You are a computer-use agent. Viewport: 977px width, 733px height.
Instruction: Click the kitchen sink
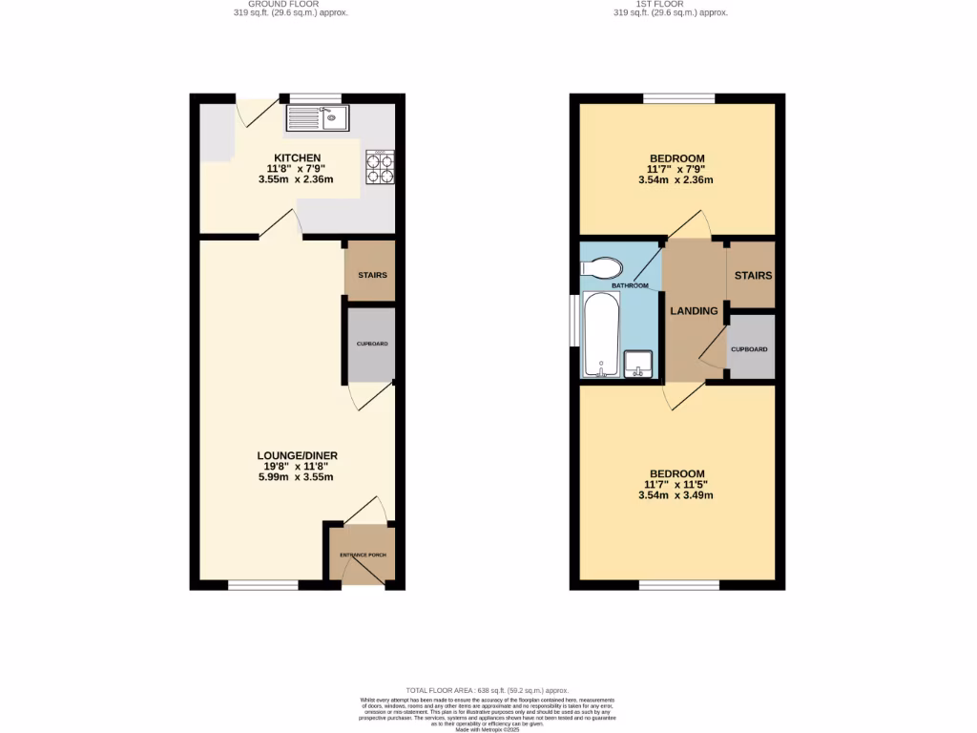click(x=317, y=118)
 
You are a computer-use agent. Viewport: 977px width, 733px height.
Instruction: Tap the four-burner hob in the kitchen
click(x=379, y=168)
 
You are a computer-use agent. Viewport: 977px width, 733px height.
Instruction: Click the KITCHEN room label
click(x=298, y=158)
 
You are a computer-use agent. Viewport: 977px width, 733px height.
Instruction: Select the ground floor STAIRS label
click(x=372, y=276)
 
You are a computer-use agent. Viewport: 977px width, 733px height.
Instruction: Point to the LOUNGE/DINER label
click(x=297, y=455)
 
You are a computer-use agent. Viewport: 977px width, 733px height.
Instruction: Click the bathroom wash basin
click(x=638, y=364)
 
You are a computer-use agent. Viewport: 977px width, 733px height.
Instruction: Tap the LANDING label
click(x=694, y=311)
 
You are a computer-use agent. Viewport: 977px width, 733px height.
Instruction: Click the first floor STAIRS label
click(x=753, y=276)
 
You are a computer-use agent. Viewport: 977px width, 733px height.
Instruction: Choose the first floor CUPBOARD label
click(x=749, y=349)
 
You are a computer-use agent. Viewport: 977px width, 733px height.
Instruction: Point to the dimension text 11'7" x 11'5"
click(x=676, y=485)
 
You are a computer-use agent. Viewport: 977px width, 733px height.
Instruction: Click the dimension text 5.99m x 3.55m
click(x=296, y=477)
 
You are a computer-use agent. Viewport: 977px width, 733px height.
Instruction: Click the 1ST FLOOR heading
click(x=671, y=4)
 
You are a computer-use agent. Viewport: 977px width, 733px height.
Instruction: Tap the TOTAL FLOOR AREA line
click(x=487, y=690)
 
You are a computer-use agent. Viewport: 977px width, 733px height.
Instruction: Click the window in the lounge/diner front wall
click(x=262, y=584)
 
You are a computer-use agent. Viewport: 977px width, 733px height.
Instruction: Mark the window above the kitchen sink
click(x=315, y=97)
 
